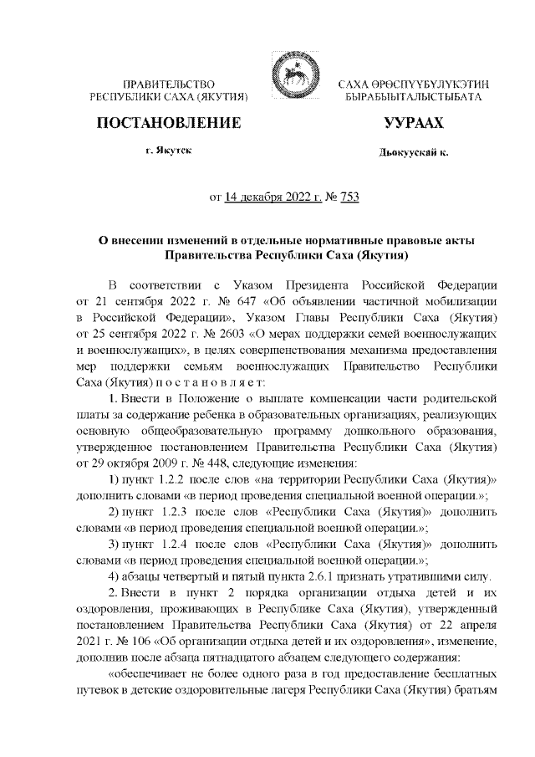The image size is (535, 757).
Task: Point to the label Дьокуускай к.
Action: point(413,154)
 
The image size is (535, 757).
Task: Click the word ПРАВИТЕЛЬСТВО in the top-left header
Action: point(171,85)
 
